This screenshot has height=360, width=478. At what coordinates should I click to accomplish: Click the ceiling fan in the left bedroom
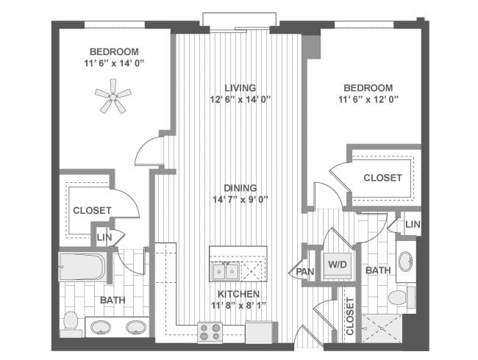click(113, 96)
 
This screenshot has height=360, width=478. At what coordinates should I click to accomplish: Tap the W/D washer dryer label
click(338, 264)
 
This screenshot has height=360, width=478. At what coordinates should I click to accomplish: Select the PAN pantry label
click(305, 271)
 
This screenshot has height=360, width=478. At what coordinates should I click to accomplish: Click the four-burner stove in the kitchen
click(210, 331)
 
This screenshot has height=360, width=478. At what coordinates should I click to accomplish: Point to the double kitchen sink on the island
click(226, 271)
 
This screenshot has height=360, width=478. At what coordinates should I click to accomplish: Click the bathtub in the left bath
click(83, 267)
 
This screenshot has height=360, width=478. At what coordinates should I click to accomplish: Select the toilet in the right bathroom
click(402, 296)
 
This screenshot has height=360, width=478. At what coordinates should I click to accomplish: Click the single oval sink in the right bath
click(405, 262)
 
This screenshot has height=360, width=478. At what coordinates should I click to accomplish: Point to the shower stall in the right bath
click(382, 328)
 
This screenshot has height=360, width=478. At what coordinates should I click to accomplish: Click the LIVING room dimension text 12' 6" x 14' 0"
click(240, 100)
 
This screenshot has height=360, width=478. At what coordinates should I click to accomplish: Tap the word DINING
click(240, 188)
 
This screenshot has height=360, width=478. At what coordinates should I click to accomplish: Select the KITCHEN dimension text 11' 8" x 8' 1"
click(239, 305)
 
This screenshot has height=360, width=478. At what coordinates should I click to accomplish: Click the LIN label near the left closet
click(104, 237)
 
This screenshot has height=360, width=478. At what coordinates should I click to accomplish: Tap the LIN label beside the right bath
click(413, 225)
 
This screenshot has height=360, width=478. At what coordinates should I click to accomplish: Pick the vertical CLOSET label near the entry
click(349, 316)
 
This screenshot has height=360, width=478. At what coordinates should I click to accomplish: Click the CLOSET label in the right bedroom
click(382, 178)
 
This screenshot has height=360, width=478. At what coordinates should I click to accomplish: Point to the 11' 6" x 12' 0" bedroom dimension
click(368, 100)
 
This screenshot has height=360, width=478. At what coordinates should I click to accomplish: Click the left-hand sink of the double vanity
click(101, 327)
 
